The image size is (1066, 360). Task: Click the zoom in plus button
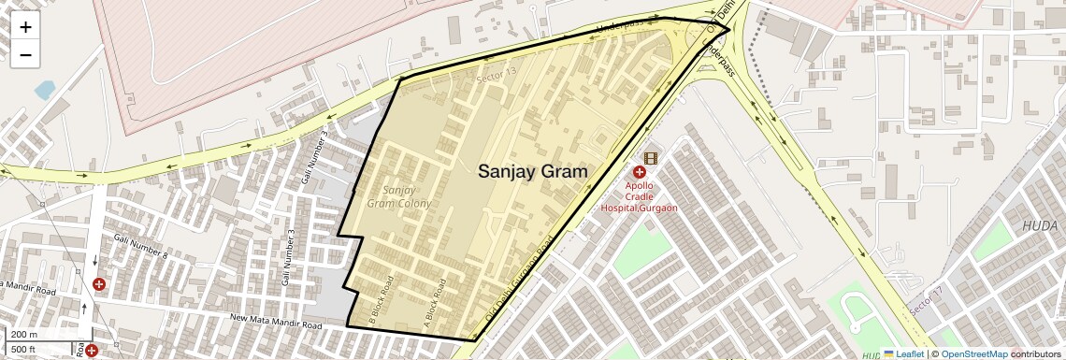25,27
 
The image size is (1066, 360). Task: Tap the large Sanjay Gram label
533,171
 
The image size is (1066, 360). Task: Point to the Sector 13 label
496,73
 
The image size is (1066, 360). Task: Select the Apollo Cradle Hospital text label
638,196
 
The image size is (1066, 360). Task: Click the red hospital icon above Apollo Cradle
640,172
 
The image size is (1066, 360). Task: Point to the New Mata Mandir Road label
276,324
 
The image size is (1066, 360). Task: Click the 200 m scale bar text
24,334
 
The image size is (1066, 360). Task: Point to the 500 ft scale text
24,349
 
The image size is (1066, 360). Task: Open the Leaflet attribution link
903,353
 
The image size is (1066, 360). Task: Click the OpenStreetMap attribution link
973,353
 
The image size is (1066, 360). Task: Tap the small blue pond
44,90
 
